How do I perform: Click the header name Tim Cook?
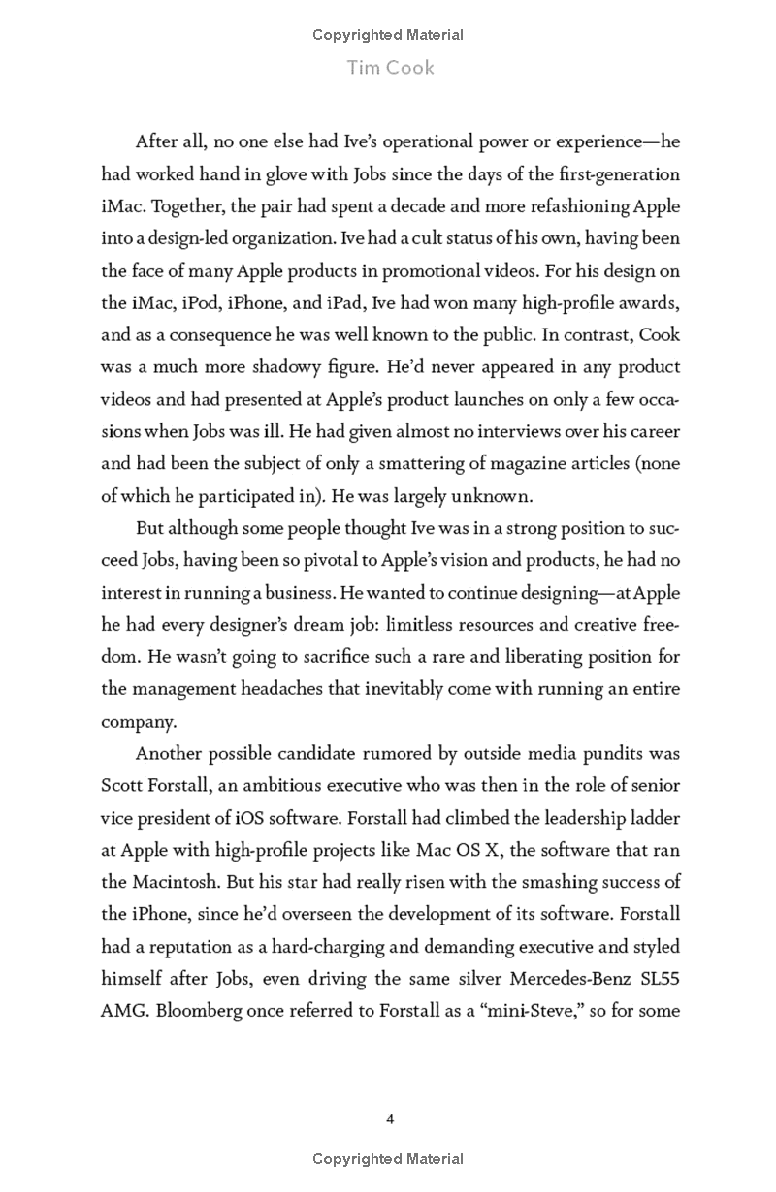tap(388, 68)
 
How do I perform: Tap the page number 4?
tap(390, 1119)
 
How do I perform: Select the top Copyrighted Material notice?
tap(388, 35)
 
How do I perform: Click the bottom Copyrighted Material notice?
tap(388, 1159)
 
